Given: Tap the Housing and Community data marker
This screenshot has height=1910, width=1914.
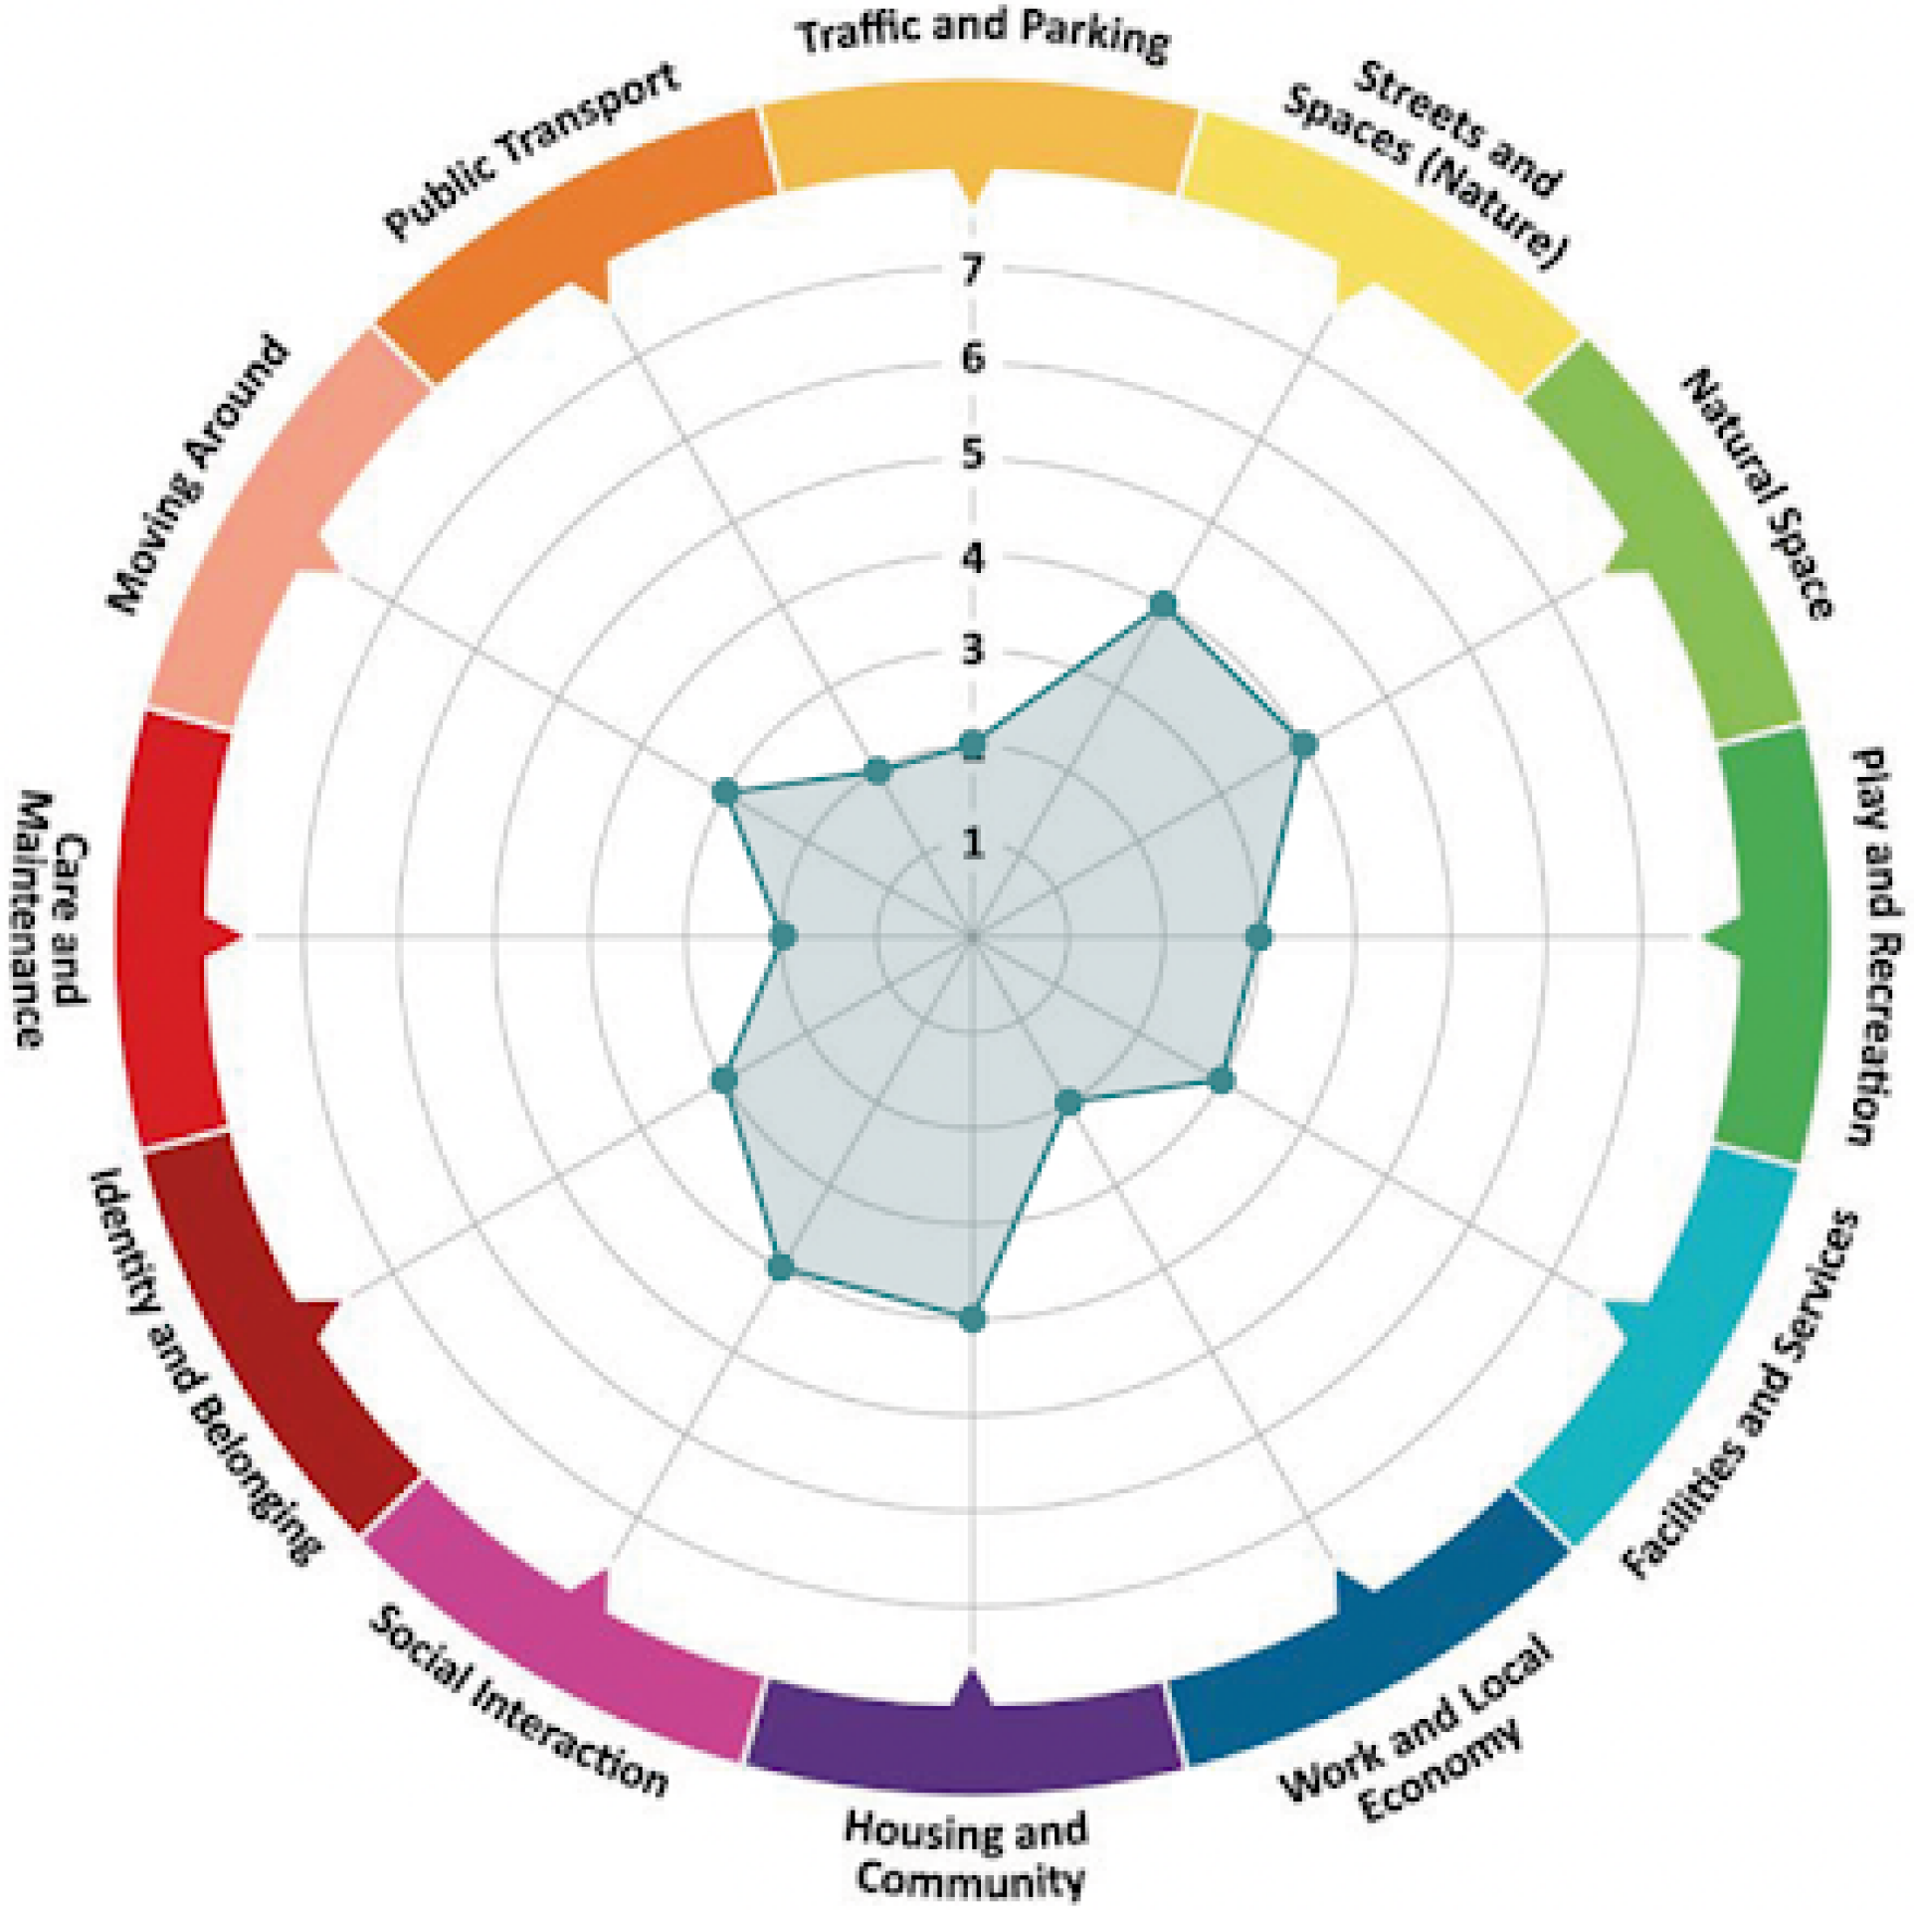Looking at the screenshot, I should click(972, 1320).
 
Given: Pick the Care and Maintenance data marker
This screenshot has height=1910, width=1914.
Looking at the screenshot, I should click(785, 936).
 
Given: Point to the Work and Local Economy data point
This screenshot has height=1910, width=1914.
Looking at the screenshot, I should click(1068, 1102).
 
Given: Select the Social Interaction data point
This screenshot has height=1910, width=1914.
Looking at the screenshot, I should click(781, 1266).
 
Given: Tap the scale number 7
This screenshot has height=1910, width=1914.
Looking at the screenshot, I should click(972, 269).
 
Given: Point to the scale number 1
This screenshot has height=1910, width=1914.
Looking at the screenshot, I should click(972, 844).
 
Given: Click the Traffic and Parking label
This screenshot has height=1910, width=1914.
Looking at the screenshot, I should click(985, 38).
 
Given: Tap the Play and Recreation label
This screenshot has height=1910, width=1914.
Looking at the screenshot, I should click(1874, 945).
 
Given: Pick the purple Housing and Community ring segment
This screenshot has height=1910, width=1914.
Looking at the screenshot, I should click(965, 1731).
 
